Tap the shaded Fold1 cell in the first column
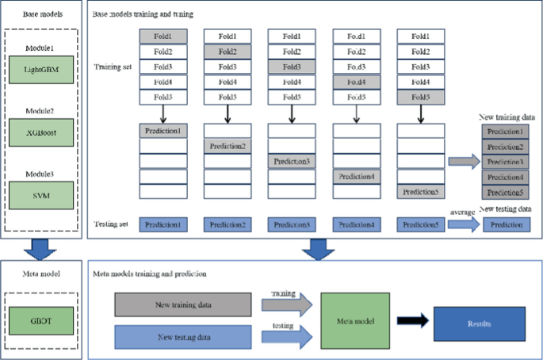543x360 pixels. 163,36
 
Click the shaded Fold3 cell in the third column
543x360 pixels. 291,67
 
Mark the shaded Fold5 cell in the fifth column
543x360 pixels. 419,97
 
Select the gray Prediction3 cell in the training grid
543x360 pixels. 291,161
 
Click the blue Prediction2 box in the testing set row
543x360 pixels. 227,224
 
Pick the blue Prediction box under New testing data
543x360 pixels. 504,224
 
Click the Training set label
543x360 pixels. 113,67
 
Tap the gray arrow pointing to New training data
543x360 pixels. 463,161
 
